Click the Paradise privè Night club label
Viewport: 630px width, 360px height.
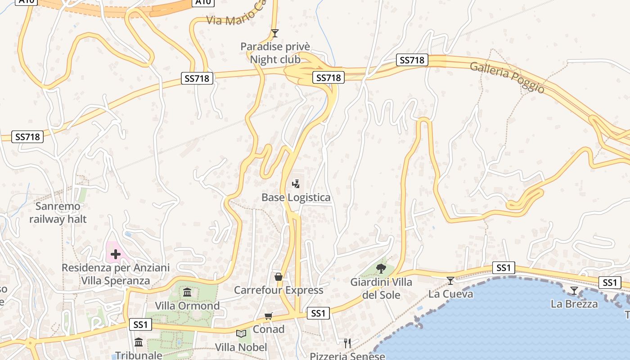click(x=275, y=53)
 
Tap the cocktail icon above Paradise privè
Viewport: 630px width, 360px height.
click(x=275, y=33)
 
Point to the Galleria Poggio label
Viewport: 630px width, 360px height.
click(x=507, y=77)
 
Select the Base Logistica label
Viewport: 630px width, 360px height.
click(x=296, y=198)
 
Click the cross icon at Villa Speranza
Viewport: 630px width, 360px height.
click(x=116, y=254)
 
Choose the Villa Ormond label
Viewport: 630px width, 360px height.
click(x=187, y=306)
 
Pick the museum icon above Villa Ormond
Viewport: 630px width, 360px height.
click(x=187, y=293)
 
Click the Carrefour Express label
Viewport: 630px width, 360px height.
click(x=279, y=290)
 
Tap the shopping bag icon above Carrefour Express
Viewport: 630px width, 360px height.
click(x=279, y=276)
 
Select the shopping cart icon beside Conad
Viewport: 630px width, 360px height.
click(x=269, y=316)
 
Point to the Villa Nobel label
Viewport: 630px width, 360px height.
click(x=241, y=347)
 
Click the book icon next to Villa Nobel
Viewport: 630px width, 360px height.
click(x=241, y=333)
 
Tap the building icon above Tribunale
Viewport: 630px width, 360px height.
click(x=139, y=342)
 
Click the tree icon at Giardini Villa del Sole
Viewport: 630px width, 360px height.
click(x=381, y=269)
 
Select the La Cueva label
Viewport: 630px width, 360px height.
click(x=450, y=294)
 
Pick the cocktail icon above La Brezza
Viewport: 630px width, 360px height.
click(x=574, y=291)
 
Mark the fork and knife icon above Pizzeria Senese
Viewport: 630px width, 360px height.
click(x=347, y=343)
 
